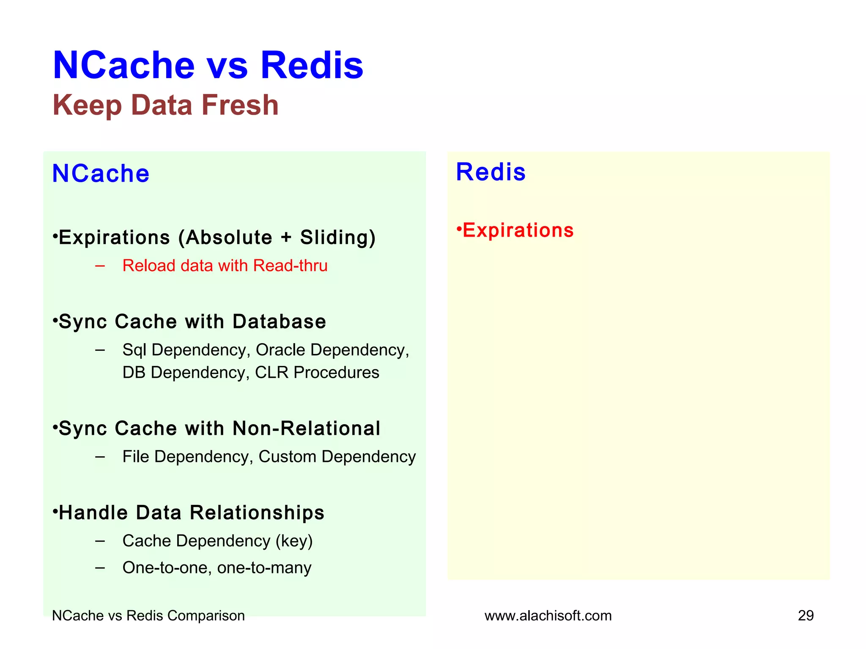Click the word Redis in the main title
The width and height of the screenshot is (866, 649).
[x=312, y=65]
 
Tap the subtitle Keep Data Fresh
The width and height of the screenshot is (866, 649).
[x=165, y=105]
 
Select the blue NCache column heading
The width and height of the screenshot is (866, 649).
[x=101, y=173]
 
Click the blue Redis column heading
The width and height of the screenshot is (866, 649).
[x=491, y=172]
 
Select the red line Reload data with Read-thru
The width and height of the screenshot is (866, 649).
[x=225, y=266]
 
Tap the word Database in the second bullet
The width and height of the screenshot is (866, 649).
[x=279, y=322]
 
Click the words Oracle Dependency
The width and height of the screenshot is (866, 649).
[x=332, y=350]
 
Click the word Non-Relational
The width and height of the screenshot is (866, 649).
[x=306, y=428]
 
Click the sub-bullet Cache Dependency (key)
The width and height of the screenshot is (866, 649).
[x=217, y=541]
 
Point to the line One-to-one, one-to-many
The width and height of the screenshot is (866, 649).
[x=216, y=568]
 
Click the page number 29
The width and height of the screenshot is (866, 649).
[x=806, y=616]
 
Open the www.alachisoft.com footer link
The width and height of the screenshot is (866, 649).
[x=548, y=616]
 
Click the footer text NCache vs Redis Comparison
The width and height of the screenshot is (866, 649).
[x=148, y=616]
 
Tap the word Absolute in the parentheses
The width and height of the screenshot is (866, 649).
[x=229, y=237]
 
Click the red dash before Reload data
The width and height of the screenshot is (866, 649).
[x=100, y=266]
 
